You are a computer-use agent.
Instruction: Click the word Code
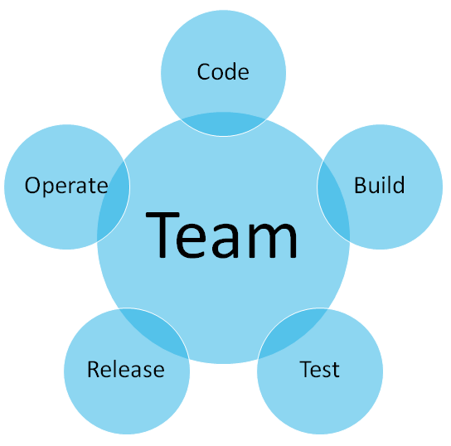[223, 71]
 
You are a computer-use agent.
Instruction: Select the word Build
[380, 185]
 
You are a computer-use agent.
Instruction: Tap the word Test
[319, 369]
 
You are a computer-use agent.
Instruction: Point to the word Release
[126, 369]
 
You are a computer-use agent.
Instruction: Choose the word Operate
[66, 186]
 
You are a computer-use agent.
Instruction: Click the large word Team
[221, 235]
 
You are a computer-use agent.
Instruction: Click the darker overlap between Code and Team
[223, 124]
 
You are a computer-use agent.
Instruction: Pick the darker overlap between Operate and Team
[114, 201]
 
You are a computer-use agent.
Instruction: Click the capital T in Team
[162, 235]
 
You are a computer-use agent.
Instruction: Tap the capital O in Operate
[32, 186]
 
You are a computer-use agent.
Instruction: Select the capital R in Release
[94, 369]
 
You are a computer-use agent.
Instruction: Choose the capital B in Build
[361, 185]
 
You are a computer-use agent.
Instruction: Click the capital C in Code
[203, 71]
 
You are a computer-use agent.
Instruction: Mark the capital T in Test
[306, 369]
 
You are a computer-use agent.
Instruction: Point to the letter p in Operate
[51, 189]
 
